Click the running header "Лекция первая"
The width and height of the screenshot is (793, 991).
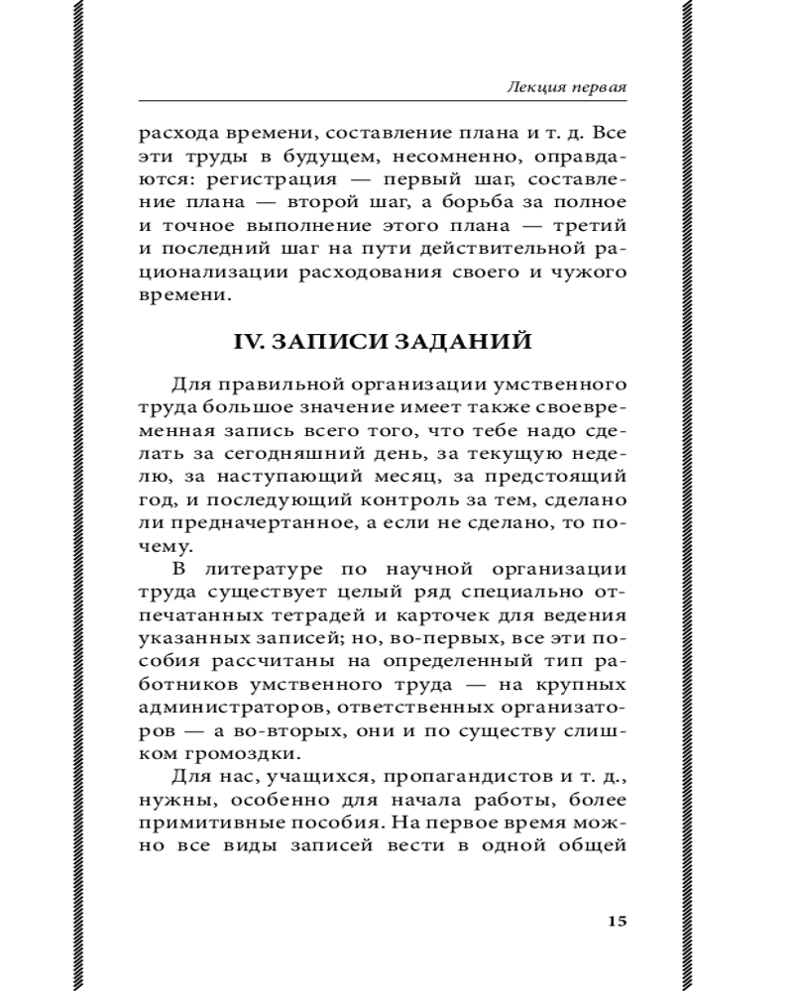coord(566,88)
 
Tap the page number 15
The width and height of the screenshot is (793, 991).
coord(616,921)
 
